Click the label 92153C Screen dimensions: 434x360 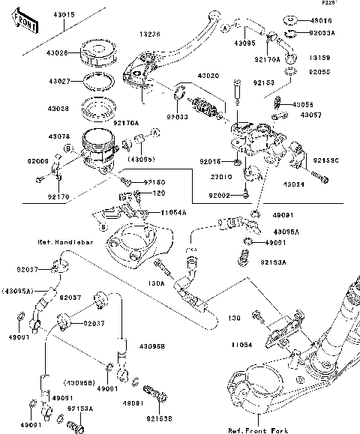point(326,160)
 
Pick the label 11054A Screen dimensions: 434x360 point(174,213)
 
